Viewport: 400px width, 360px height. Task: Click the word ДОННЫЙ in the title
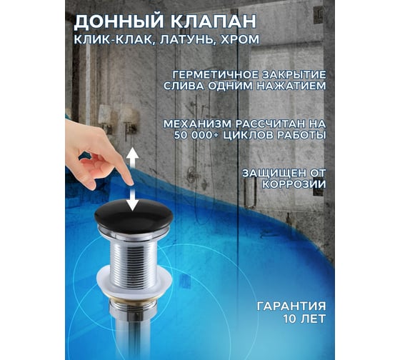(119, 21)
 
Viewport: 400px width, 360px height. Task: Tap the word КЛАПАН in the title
(212, 21)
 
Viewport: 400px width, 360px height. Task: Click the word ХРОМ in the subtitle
(240, 39)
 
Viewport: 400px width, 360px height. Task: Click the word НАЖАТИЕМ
(291, 86)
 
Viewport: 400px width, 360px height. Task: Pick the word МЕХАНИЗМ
(198, 124)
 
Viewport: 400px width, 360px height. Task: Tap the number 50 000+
(196, 135)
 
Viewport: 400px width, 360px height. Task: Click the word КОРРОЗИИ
(294, 184)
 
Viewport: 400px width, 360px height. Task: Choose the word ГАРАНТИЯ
(291, 306)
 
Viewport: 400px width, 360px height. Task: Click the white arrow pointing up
(133, 157)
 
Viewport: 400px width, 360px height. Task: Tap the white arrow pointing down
(133, 200)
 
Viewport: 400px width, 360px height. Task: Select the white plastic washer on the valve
(134, 284)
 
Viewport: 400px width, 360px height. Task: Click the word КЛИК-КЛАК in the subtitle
(114, 40)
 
